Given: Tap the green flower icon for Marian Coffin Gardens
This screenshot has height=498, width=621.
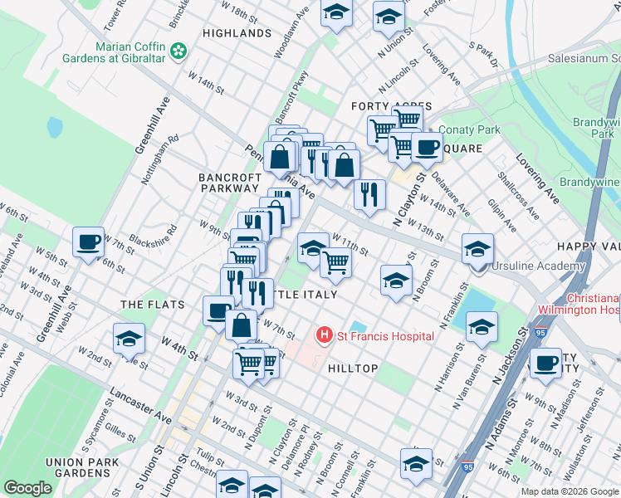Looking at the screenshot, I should (178, 52).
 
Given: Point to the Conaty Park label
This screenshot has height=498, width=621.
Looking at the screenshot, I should (469, 129).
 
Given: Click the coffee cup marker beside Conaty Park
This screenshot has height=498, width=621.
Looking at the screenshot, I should (427, 148).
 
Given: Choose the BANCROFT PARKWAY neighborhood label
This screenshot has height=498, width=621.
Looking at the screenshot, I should (229, 183).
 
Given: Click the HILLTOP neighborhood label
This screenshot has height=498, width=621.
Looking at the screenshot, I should (353, 368).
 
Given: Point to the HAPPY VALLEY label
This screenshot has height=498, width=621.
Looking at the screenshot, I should (588, 247).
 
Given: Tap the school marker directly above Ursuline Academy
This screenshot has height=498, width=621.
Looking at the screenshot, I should (478, 248).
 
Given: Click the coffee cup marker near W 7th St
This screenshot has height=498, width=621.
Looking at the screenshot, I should (88, 242).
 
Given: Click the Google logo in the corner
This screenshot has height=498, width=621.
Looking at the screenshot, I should (27, 488).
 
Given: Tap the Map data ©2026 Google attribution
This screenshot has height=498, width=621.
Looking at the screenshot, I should (570, 491).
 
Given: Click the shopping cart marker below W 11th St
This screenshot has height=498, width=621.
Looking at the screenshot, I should (335, 262).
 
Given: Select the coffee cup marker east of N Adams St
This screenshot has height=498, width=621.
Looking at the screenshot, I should (545, 363).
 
